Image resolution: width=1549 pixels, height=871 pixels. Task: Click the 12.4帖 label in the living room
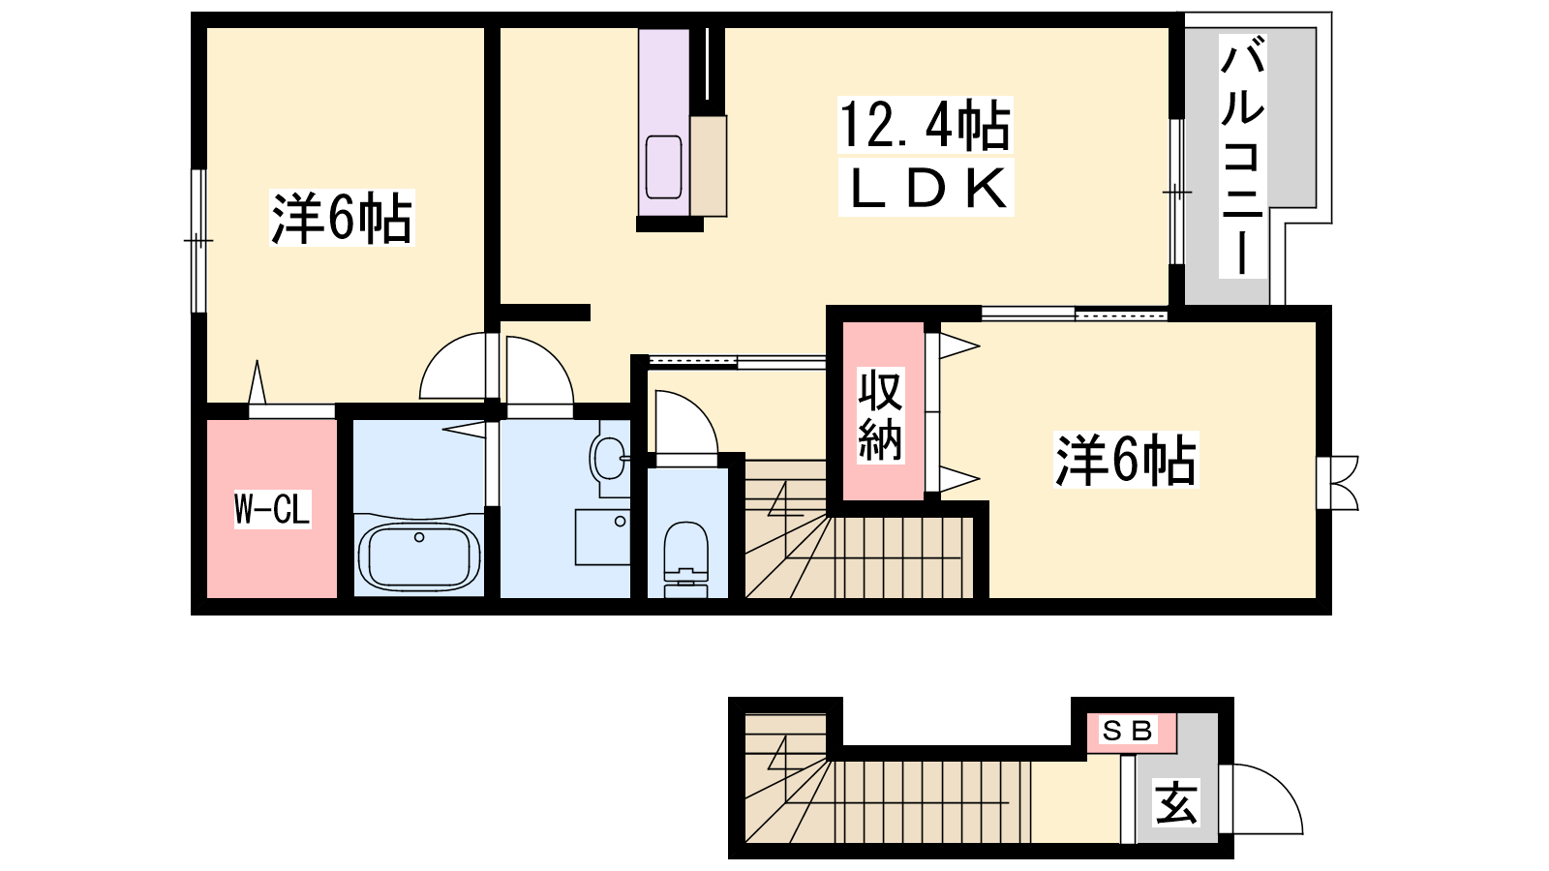tap(926, 125)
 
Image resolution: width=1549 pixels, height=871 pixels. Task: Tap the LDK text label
tap(926, 188)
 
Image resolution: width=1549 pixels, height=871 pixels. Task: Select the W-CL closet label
tap(272, 509)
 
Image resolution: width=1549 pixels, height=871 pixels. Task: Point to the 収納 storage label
tap(880, 415)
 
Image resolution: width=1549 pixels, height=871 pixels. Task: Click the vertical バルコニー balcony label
tap(1243, 156)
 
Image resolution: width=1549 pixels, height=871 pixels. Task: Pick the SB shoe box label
tap(1127, 731)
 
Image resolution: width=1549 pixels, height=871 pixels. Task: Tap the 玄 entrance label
tap(1175, 803)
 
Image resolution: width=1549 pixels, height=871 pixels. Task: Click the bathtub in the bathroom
tap(419, 556)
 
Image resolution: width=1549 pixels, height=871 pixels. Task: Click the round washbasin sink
tap(609, 459)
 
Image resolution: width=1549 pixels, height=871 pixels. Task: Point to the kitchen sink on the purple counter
tap(664, 167)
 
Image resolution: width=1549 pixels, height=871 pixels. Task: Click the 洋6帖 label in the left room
tap(342, 218)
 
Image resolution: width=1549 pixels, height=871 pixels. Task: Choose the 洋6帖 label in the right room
tap(1126, 460)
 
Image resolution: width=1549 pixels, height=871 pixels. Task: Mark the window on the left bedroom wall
tap(198, 241)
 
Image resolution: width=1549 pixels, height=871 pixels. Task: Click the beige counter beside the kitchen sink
tap(708, 165)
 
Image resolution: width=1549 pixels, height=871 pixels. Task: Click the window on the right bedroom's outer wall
tap(1337, 483)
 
